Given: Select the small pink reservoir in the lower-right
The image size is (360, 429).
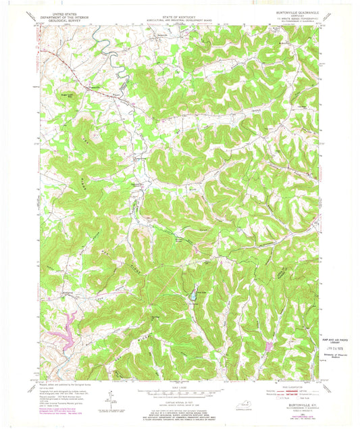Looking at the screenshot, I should click(x=269, y=347).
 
